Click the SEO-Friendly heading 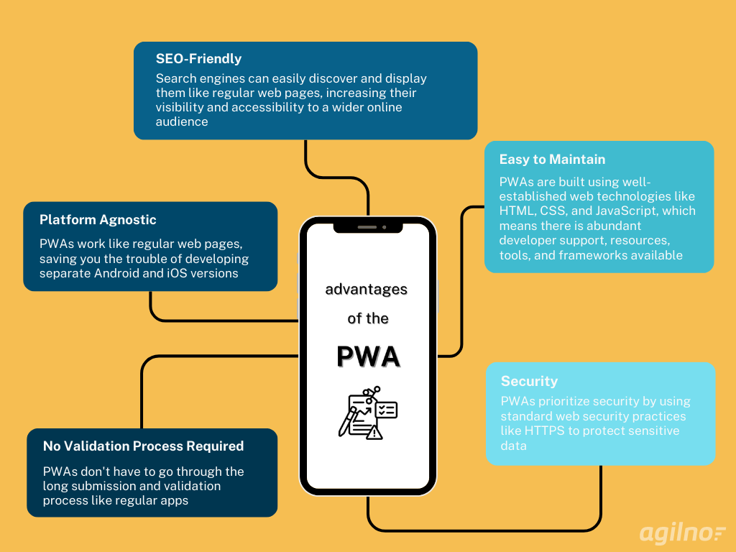[198, 59]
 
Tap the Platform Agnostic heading [98, 220]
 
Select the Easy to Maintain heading [552, 160]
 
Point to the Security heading [529, 381]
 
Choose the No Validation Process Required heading [143, 446]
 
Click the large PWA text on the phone [369, 356]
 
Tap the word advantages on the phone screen [366, 289]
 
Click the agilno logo [682, 533]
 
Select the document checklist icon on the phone [368, 413]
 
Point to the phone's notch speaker [367, 227]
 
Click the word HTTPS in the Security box [545, 431]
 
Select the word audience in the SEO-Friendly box [182, 121]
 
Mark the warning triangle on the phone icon [374, 433]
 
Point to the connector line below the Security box [484, 530]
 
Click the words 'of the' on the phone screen [368, 318]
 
